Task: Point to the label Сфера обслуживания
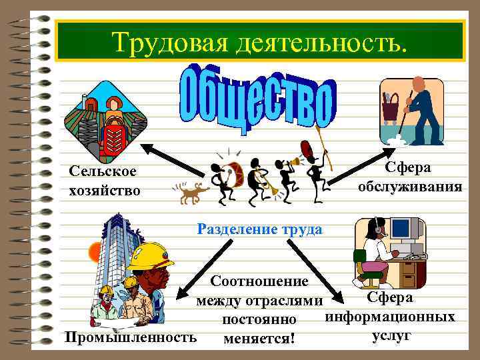click(x=409, y=176)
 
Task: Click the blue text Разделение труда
click(x=260, y=229)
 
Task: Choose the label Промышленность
click(x=130, y=337)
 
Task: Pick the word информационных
click(x=390, y=315)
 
